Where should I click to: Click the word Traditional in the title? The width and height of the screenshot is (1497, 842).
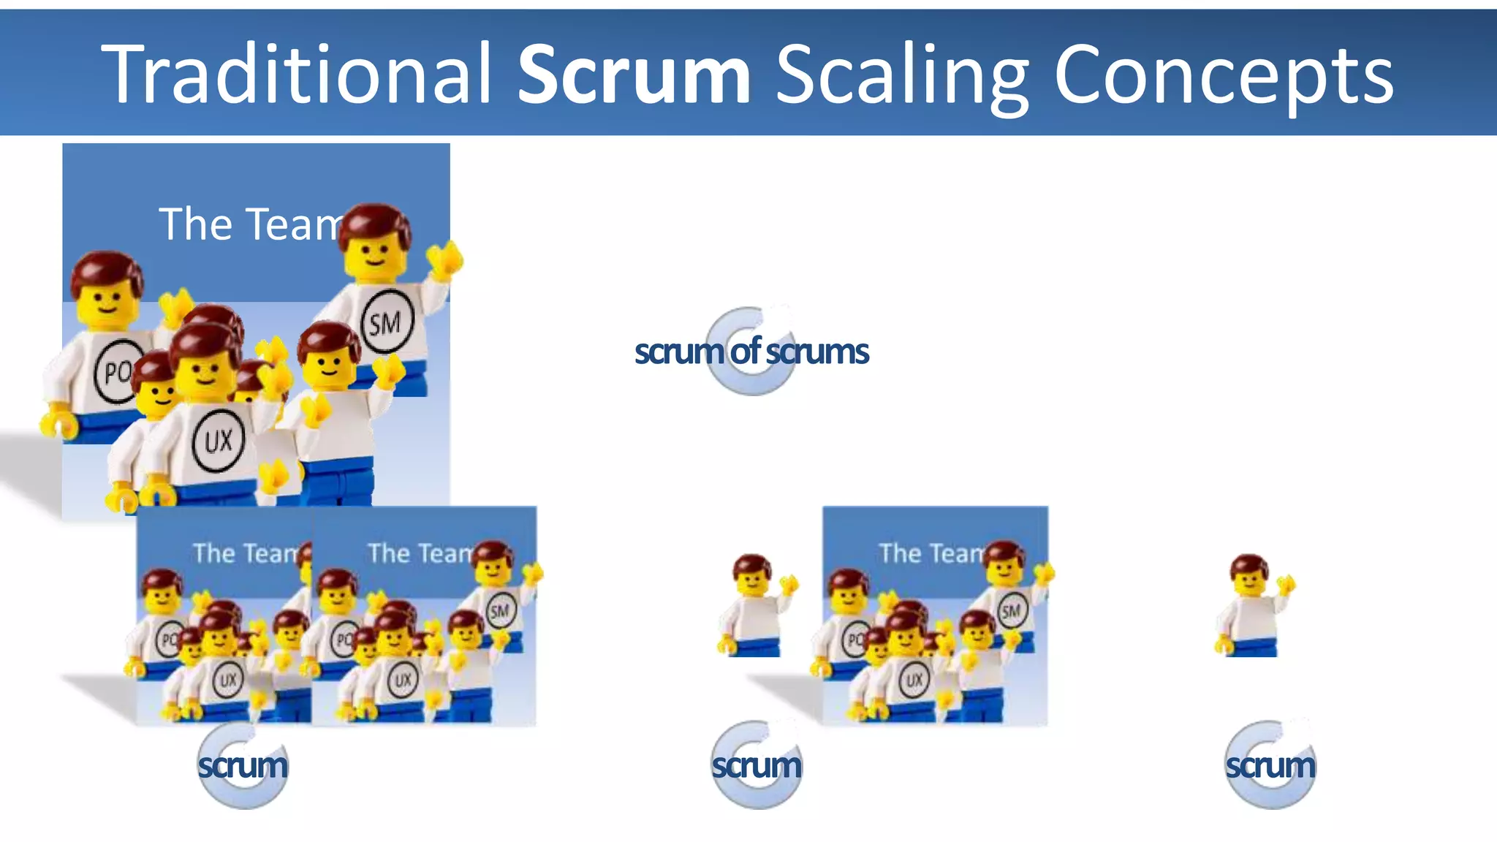[296, 73]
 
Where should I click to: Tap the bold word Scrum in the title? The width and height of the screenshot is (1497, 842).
[634, 73]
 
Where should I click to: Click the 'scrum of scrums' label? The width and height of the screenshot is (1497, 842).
[751, 352]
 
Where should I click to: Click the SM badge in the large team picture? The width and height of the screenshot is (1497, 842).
[387, 322]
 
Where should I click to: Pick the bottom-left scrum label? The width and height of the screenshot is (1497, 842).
[243, 765]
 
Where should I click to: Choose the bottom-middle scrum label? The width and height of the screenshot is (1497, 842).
[757, 765]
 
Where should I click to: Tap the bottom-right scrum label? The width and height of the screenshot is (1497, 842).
[1270, 765]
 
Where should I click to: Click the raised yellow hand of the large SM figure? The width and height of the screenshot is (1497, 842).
[445, 260]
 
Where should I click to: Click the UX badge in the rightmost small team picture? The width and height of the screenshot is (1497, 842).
[914, 680]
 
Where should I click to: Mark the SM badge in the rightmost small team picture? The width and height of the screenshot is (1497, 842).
[1011, 610]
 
